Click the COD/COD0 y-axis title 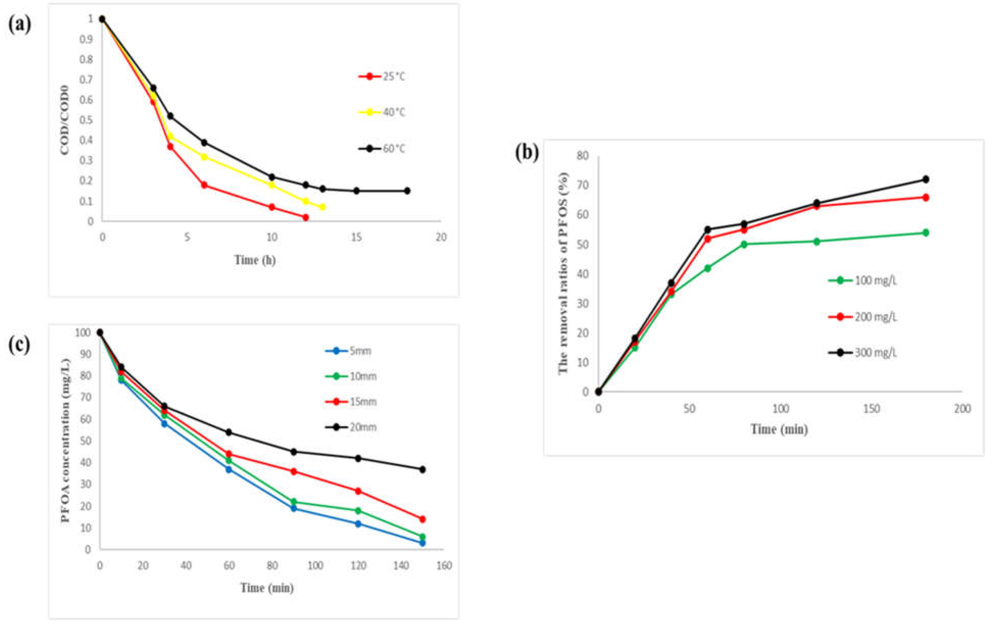[x=65, y=120]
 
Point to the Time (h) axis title [x=255, y=260]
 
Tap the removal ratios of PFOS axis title [x=563, y=273]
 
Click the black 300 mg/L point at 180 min [x=926, y=179]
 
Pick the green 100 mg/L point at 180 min [x=926, y=233]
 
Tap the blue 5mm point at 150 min [x=422, y=543]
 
